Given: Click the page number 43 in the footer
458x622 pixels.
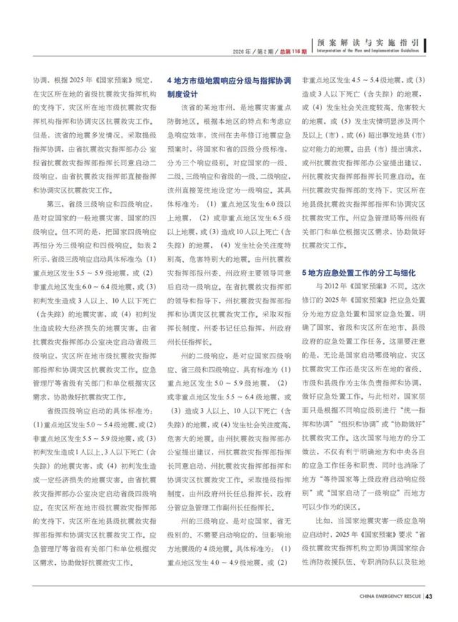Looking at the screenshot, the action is (x=431, y=594).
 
